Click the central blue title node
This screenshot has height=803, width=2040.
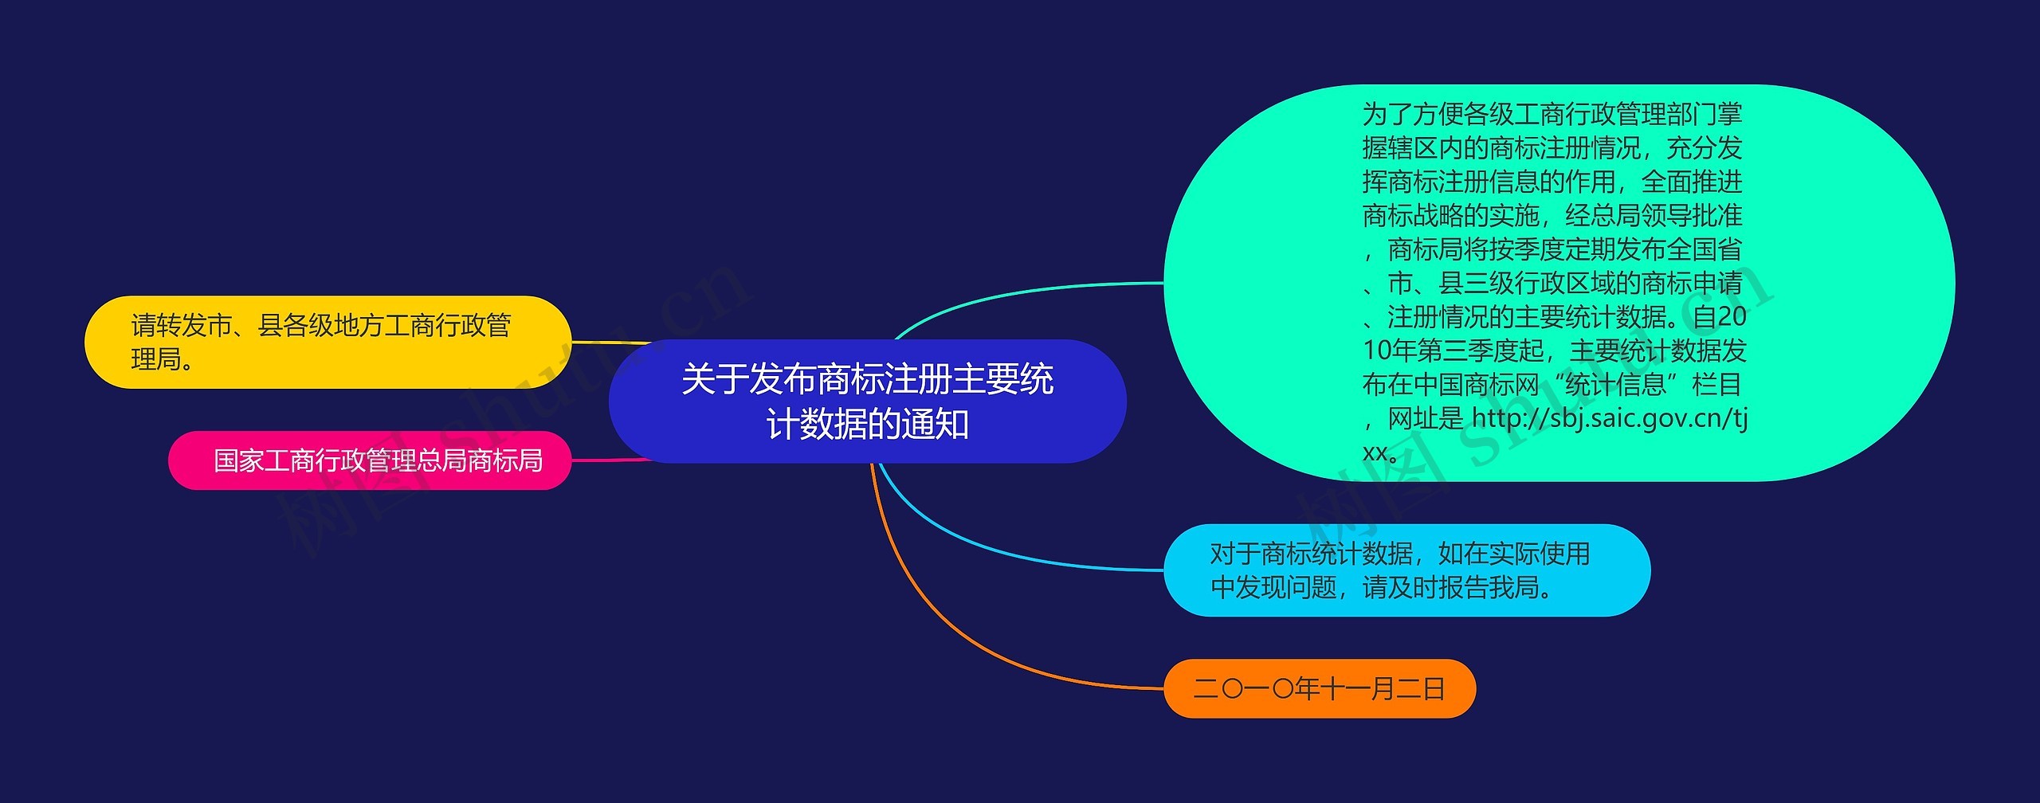[x=867, y=401]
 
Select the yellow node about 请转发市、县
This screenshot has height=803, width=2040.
[x=327, y=342]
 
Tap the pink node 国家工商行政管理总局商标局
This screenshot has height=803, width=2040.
[x=369, y=460]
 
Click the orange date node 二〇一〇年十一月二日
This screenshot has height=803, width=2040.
[x=1319, y=688]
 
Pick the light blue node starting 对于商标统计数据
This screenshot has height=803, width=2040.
[x=1406, y=570]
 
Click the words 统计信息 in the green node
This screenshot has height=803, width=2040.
[x=1616, y=385]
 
